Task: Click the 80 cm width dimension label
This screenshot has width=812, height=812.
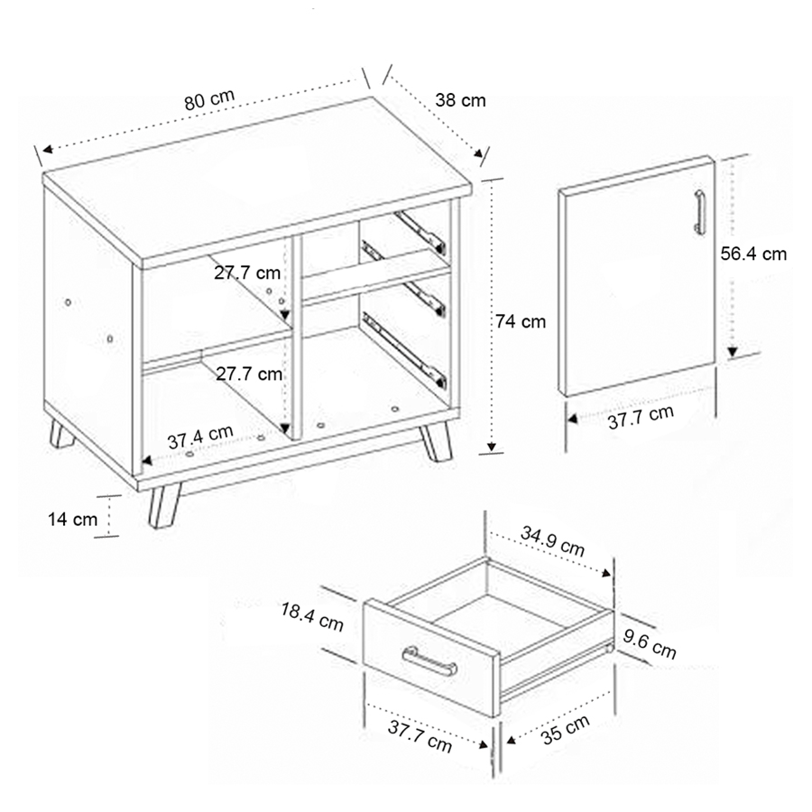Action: click(x=209, y=99)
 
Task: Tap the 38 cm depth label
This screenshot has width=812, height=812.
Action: click(x=460, y=100)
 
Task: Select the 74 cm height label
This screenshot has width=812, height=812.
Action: click(x=521, y=321)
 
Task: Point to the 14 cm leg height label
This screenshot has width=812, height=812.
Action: click(x=72, y=519)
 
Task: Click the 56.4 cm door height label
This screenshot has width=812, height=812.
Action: click(x=753, y=254)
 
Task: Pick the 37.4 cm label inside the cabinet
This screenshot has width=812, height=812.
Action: click(x=200, y=437)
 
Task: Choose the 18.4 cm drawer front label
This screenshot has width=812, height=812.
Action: click(x=312, y=616)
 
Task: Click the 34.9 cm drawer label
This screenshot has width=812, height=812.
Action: click(x=552, y=540)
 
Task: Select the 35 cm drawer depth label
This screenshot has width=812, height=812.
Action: click(x=565, y=729)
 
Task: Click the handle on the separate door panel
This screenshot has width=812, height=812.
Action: click(x=699, y=212)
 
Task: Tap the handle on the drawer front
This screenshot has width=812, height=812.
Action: click(x=429, y=661)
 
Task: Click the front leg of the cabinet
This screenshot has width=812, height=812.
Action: click(x=164, y=505)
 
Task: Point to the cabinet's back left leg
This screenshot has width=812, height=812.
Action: click(x=61, y=434)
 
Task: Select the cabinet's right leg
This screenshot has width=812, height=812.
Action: click(x=436, y=440)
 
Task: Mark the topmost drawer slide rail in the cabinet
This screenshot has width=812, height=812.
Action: click(x=420, y=232)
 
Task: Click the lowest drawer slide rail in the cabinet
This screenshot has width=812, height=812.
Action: click(x=404, y=351)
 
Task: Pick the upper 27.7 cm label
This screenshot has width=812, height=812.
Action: click(x=247, y=272)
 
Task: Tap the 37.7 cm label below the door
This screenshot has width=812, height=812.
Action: click(x=641, y=417)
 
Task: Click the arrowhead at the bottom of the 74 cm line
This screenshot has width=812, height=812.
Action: click(x=492, y=448)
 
